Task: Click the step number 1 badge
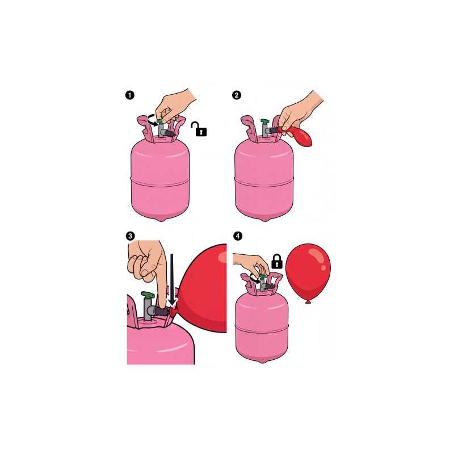click(130, 95)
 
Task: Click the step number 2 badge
click(237, 95)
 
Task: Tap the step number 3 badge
click(131, 236)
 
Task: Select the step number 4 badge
click(238, 236)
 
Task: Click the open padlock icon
click(199, 129)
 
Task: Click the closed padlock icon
click(277, 262)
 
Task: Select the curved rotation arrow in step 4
click(254, 279)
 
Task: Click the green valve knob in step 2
click(265, 121)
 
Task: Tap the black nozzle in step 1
click(170, 134)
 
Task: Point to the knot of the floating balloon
click(308, 302)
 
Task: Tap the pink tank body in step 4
click(262, 327)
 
